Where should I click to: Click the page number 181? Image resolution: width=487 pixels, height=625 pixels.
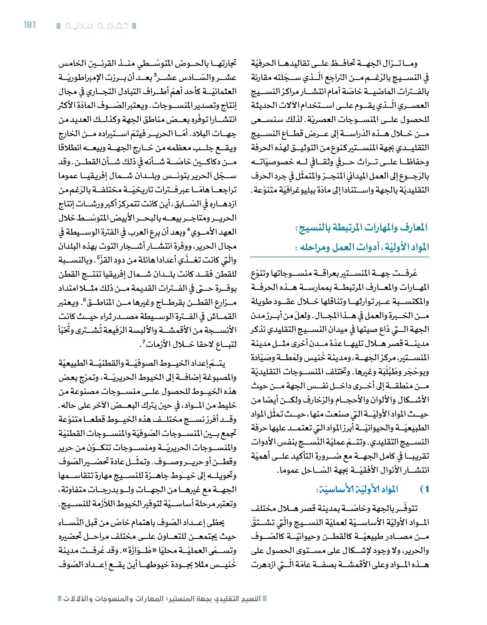[x=29, y=25]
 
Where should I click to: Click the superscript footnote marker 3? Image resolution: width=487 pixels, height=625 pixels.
[x=159, y=74]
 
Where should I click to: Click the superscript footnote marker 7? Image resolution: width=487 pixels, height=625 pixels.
[x=144, y=341]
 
